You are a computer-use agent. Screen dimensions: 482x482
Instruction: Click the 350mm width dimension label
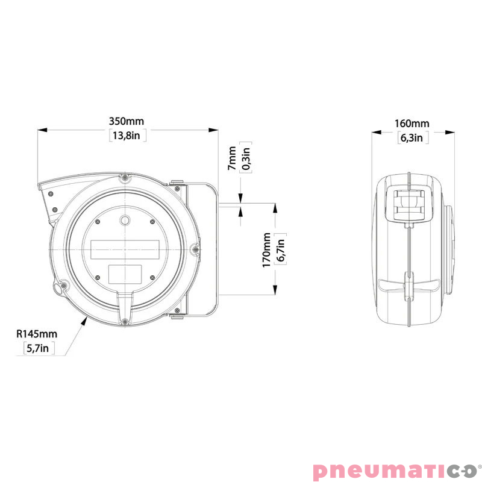127,122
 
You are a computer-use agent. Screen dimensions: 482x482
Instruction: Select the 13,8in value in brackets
127,136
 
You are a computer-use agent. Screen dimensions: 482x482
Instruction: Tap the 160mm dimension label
412,124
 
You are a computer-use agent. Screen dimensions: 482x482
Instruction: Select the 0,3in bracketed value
245,157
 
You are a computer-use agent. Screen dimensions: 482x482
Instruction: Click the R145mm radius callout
37,333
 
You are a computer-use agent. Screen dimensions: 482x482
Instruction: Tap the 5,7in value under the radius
37,348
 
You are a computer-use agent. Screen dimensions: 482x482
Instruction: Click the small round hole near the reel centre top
125,220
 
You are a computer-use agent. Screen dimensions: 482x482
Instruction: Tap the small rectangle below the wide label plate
125,274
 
